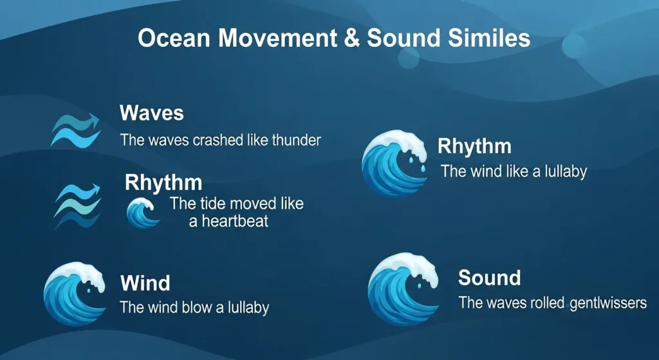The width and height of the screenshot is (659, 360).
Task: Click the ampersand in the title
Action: [350, 39]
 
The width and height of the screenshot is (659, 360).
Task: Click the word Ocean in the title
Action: [174, 39]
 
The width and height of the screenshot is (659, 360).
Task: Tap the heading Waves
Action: [152, 113]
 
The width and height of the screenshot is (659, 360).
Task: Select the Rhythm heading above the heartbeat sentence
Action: [163, 182]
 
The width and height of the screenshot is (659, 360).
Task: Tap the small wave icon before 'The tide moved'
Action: [143, 213]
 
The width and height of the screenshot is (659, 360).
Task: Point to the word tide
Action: [205, 204]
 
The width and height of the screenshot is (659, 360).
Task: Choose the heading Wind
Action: [145, 283]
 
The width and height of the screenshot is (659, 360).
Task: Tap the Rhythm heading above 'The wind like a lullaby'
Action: [474, 146]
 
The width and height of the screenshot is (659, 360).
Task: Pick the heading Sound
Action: [489, 278]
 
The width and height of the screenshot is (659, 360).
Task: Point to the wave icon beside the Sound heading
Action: [402, 285]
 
